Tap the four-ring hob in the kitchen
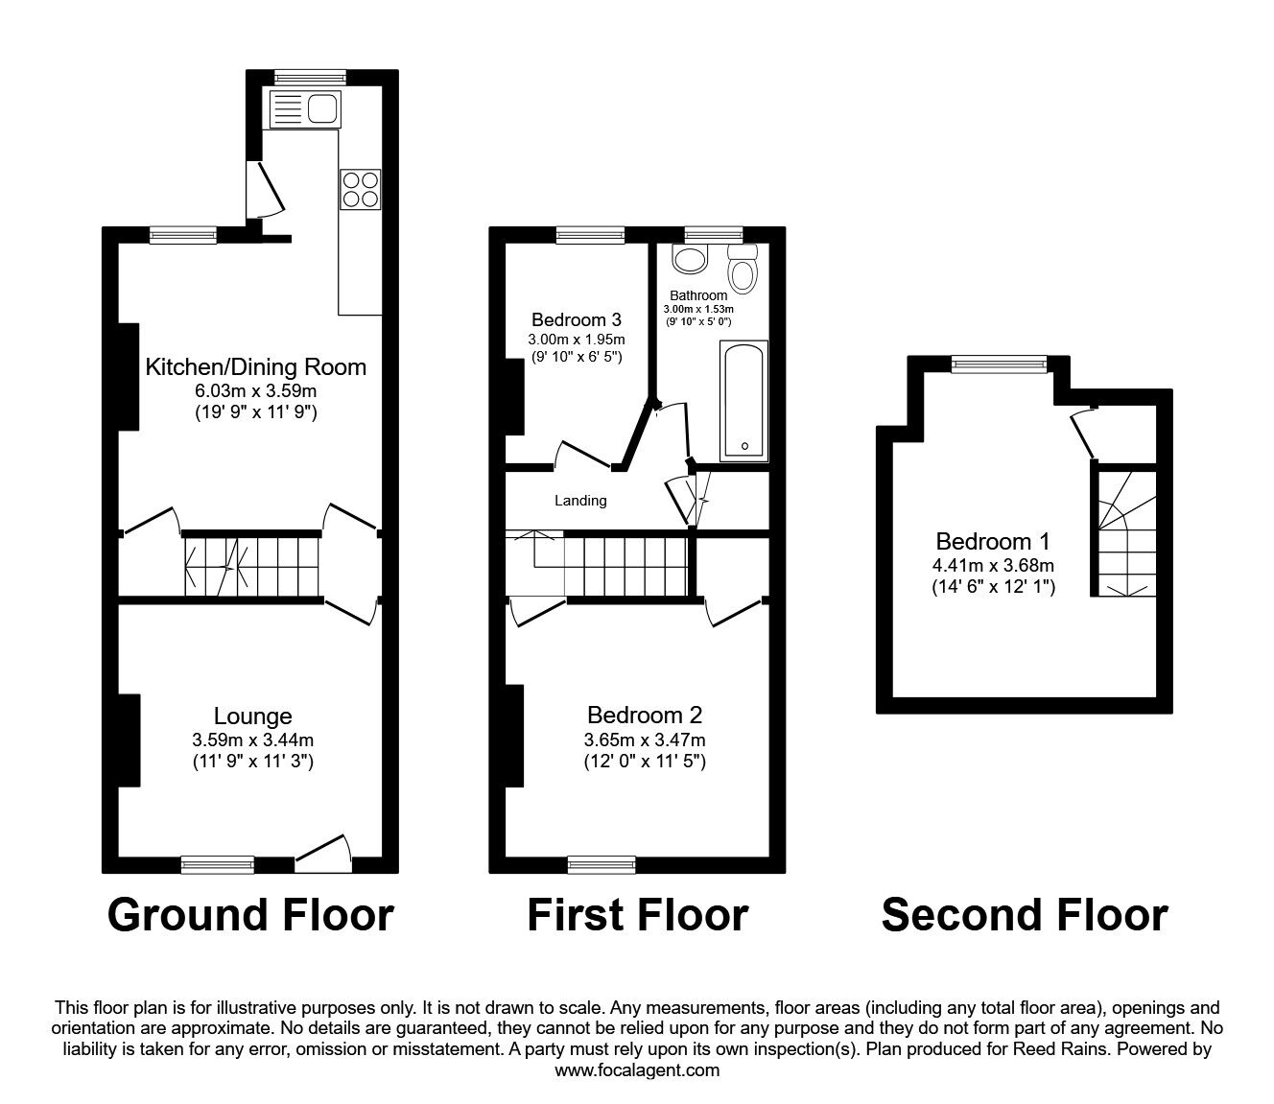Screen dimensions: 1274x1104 point(360,189)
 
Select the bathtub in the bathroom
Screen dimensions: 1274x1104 point(744,401)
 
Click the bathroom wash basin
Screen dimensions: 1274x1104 point(691,260)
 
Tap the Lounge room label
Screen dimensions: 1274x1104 point(252,716)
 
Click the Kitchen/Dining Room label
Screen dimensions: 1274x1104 point(256,366)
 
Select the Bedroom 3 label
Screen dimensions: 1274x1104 point(577,319)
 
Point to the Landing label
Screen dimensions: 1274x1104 point(580,501)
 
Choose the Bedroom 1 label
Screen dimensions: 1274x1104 point(992,541)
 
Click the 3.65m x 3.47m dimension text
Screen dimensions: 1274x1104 point(645,740)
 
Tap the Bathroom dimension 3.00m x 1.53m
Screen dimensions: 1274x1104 point(698,310)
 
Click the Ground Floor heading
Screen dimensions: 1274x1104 point(250,915)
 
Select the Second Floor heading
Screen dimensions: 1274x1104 point(1025,915)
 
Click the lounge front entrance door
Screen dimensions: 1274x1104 point(323,853)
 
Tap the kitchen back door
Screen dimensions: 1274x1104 point(266,190)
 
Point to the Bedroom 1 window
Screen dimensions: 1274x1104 point(999,364)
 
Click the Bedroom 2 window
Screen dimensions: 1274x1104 point(602,865)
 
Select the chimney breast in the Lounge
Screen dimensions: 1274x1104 point(129,740)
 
